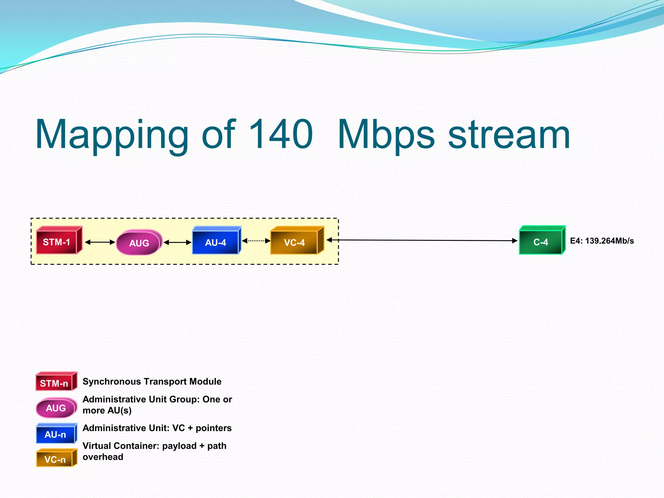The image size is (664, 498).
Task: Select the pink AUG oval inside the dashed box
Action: click(x=139, y=243)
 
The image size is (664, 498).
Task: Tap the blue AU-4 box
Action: click(x=216, y=242)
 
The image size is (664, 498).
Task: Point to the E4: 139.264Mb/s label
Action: click(x=602, y=241)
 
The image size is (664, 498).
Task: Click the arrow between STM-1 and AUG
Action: click(x=100, y=242)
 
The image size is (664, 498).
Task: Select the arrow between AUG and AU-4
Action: click(x=177, y=242)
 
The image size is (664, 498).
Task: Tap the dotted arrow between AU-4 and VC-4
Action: click(x=256, y=241)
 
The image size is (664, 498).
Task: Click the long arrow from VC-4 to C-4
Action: click(x=421, y=240)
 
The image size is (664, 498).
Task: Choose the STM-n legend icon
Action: click(x=55, y=382)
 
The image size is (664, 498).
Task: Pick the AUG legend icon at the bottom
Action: click(x=56, y=408)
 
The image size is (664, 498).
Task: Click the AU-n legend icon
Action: click(x=56, y=434)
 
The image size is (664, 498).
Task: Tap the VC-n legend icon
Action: click(x=56, y=458)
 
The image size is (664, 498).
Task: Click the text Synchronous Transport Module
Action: click(x=152, y=382)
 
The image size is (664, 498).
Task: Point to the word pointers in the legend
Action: click(x=213, y=428)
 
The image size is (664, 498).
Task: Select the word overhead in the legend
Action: click(x=103, y=457)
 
